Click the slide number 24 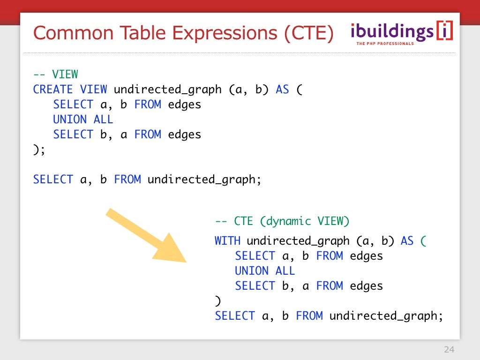point(449,350)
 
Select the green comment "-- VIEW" point(55,75)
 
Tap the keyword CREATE point(53,90)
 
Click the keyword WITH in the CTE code point(227,241)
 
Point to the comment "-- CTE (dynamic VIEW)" point(282,221)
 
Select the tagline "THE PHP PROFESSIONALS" point(385,44)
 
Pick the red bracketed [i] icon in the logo point(444,31)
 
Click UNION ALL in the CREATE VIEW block point(83,120)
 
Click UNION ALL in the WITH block point(265,271)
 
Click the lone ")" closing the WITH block point(217,301)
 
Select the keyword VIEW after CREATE point(93,90)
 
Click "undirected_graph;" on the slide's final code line point(386,316)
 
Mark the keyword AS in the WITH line point(407,241)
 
